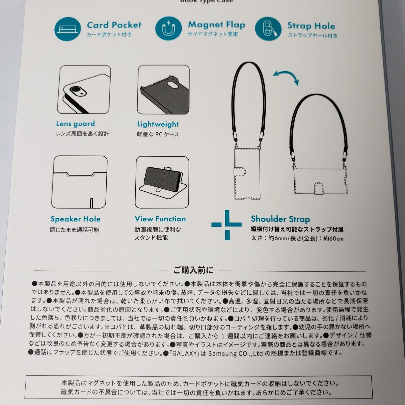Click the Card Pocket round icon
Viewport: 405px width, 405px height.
click(x=67, y=29)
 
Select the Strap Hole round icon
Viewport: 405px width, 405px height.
click(x=268, y=29)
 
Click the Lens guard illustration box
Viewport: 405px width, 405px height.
click(x=84, y=90)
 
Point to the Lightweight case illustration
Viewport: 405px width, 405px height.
click(x=163, y=90)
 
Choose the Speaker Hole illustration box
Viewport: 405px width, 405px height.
click(x=79, y=182)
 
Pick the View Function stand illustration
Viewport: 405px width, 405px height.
click(x=162, y=182)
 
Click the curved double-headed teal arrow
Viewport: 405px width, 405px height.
click(x=286, y=78)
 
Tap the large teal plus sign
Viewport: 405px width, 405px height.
click(x=226, y=225)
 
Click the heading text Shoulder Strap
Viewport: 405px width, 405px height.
click(x=280, y=219)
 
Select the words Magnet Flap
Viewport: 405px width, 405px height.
click(x=216, y=25)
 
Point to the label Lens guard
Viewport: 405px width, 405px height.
click(x=75, y=124)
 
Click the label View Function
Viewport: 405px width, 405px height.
click(x=160, y=219)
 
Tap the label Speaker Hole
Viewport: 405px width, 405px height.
click(x=75, y=219)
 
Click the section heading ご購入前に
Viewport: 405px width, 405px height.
click(x=193, y=270)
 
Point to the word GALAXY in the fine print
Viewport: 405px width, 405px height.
click(x=185, y=353)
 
